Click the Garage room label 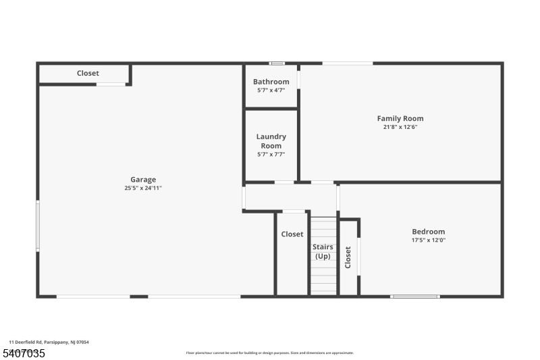(x=143, y=180)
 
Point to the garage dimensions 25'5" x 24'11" (x=143, y=188)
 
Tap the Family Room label (x=400, y=119)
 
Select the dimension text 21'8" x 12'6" (x=400, y=127)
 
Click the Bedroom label (x=429, y=232)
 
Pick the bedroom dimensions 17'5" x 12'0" (x=429, y=240)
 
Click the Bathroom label (x=271, y=82)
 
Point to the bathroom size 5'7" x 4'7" (x=271, y=90)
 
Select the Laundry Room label (x=271, y=141)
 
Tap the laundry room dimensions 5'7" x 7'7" (x=271, y=154)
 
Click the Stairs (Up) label (x=323, y=251)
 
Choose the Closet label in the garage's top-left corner (x=88, y=73)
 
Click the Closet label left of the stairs (x=292, y=234)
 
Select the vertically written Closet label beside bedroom (x=348, y=257)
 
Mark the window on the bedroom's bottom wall (x=415, y=296)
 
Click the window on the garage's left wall (x=38, y=226)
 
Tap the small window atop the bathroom (x=277, y=63)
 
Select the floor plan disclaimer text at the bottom (x=270, y=353)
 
